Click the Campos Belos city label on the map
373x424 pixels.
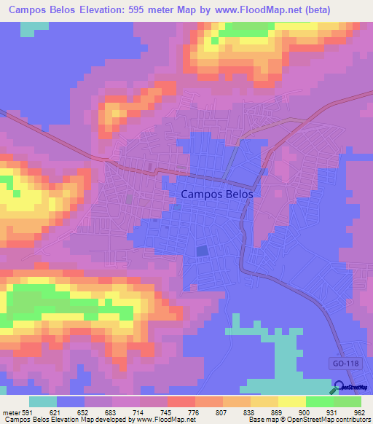pyautogui.click(x=216, y=195)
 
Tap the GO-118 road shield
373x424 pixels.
pyautogui.click(x=337, y=362)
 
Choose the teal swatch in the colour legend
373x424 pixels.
pyautogui.click(x=43, y=401)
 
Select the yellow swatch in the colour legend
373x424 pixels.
pyautogui.click(x=292, y=401)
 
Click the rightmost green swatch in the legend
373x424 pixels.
pyautogui.click(x=348, y=401)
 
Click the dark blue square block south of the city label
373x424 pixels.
pyautogui.click(x=202, y=251)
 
